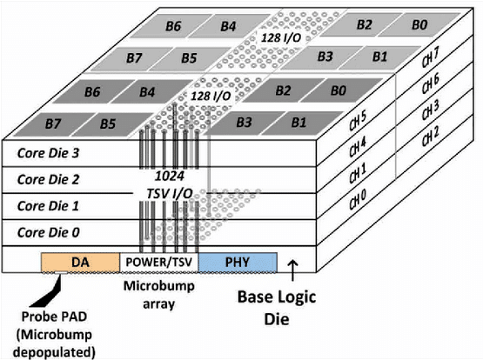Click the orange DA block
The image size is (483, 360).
(x=80, y=263)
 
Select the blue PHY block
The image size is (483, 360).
(x=238, y=263)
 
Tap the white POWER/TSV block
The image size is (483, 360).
(x=159, y=263)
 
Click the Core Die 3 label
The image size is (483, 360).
(x=49, y=153)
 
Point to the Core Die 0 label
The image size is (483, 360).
(x=49, y=232)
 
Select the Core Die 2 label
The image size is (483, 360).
(x=49, y=179)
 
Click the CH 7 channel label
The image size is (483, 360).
(x=430, y=57)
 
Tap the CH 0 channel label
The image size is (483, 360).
(x=358, y=199)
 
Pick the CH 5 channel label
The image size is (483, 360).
(x=358, y=120)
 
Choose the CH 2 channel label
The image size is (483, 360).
(x=430, y=137)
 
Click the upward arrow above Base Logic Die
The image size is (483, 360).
(x=292, y=270)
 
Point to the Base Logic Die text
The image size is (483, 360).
(x=277, y=308)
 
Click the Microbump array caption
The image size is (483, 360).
(x=159, y=295)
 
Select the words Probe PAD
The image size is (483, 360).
(x=54, y=317)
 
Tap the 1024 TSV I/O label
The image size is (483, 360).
(x=170, y=185)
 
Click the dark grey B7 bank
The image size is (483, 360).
(x=53, y=124)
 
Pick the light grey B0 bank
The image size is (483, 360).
(x=419, y=24)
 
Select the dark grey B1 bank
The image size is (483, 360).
(x=299, y=123)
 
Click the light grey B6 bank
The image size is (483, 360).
(x=173, y=26)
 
